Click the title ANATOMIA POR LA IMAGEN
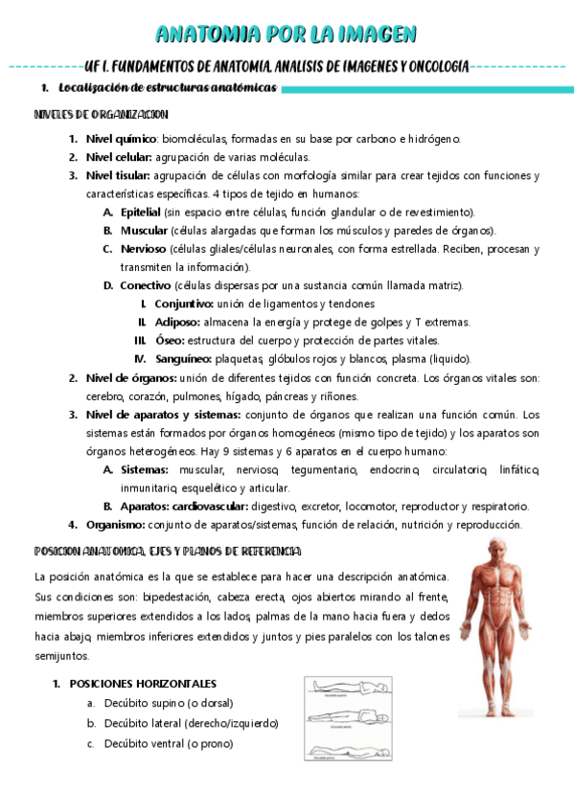pyautogui.click(x=287, y=35)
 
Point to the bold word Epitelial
pyautogui.click(x=140, y=212)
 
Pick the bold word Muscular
pyautogui.click(x=144, y=231)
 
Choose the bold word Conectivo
pyautogui.click(x=146, y=285)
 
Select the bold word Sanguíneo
pyautogui.click(x=184, y=358)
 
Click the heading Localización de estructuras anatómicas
pyautogui.click(x=167, y=88)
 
